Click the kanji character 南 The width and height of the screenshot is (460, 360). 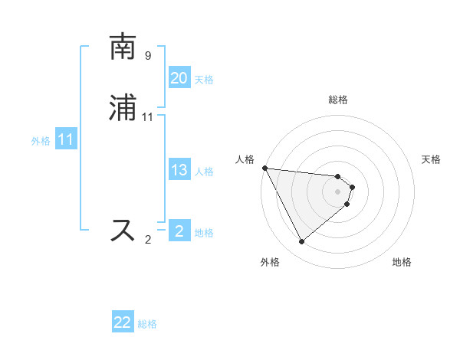click(123, 47)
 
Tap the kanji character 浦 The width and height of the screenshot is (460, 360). click(123, 109)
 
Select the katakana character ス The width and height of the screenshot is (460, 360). click(123, 230)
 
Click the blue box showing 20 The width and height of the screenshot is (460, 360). click(179, 78)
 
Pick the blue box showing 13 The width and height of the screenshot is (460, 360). click(179, 170)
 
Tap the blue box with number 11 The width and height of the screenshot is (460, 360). click(65, 140)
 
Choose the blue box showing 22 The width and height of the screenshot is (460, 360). click(123, 323)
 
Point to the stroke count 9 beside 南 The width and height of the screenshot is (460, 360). click(148, 56)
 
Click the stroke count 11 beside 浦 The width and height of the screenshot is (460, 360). click(148, 117)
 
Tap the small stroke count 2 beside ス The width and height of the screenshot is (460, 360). click(148, 240)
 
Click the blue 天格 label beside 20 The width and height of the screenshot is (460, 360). click(204, 80)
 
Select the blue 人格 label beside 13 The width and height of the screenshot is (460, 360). click(204, 172)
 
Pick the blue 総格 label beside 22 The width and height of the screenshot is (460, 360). click(147, 325)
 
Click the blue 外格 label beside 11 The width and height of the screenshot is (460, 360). click(41, 141)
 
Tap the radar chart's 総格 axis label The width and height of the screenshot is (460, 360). click(338, 100)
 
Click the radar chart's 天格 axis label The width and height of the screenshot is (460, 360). click(432, 159)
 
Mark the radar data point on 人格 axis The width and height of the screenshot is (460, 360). click(264, 168)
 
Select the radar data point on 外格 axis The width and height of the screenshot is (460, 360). click(301, 242)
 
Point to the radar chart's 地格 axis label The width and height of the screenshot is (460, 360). click(402, 262)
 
